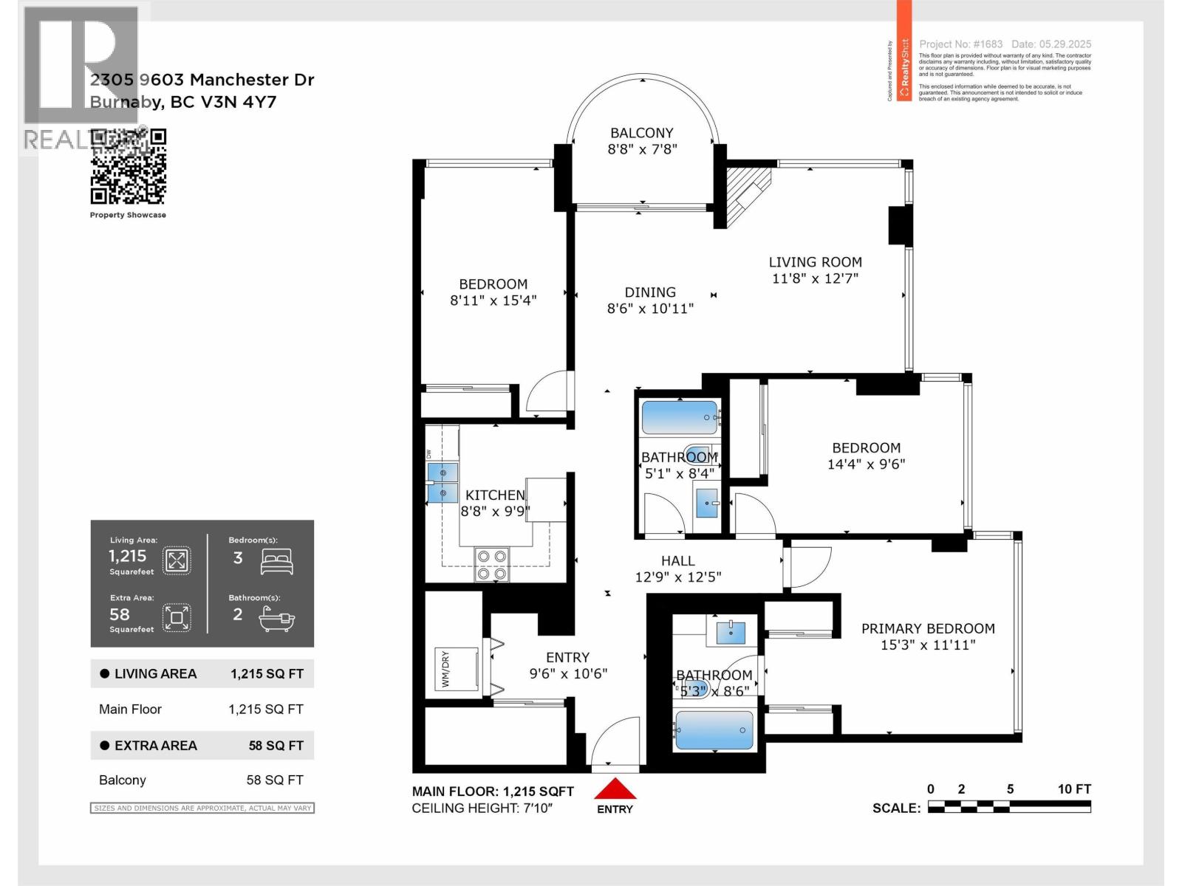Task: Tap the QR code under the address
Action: coord(129,167)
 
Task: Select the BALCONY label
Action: coord(641,133)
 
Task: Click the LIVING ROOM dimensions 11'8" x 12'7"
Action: coord(815,278)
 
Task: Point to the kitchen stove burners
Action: coord(492,564)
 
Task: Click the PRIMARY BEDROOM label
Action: coord(928,628)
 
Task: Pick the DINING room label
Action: coord(650,292)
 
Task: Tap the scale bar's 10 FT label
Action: coord(1073,789)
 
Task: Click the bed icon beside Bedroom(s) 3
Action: coord(277,562)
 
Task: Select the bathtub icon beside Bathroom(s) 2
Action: coord(277,619)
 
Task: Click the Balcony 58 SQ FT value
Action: coord(274,780)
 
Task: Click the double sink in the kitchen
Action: coord(443,483)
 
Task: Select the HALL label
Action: coord(677,561)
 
